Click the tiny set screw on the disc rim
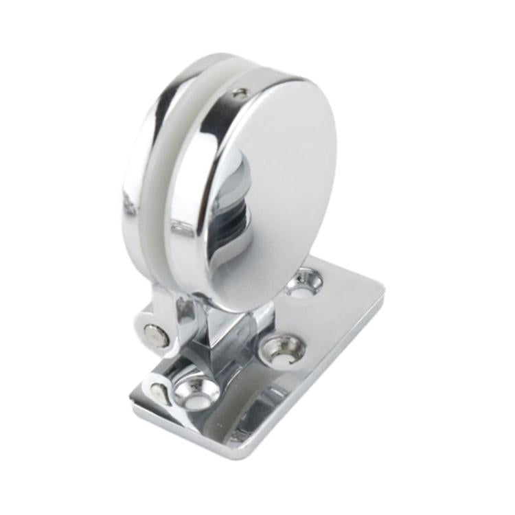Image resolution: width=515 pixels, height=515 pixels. pyautogui.click(x=240, y=93)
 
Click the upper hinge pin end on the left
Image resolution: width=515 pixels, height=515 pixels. pyautogui.click(x=155, y=334)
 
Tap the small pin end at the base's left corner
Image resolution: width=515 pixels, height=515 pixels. pyautogui.click(x=158, y=393)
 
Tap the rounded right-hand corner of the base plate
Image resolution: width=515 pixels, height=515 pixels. pyautogui.click(x=374, y=288)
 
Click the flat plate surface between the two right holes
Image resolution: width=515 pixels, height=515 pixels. pyautogui.click(x=302, y=316)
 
